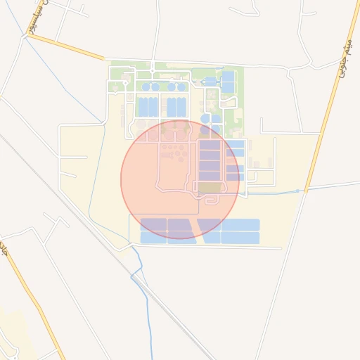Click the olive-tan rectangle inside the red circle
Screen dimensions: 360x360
click(209, 187)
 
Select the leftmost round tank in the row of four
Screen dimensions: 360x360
click(146, 87)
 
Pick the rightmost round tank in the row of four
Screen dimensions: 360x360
click(181, 87)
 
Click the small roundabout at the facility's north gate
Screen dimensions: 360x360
click(153, 72)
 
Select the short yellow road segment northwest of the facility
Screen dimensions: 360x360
click(67, 47)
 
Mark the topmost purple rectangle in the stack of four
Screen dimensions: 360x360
click(210, 146)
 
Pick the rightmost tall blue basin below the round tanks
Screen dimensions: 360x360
click(181, 108)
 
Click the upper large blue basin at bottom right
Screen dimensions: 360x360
click(240, 225)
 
